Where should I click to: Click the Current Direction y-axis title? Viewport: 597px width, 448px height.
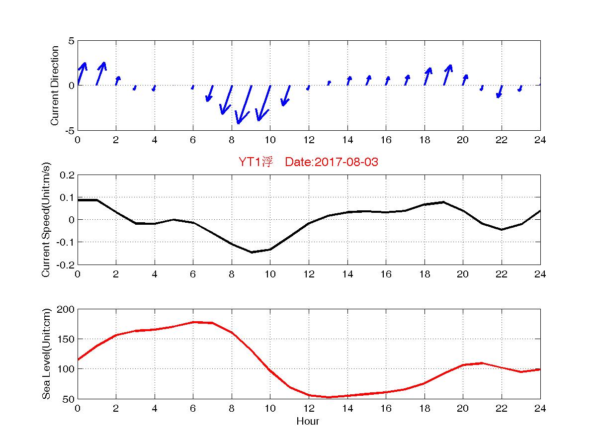coord(55,86)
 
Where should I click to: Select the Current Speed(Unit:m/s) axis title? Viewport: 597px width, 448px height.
coord(46,220)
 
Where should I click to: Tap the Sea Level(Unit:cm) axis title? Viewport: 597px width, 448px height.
coord(46,354)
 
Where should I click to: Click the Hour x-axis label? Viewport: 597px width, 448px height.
coord(308,422)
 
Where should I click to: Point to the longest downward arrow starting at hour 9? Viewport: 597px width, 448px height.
coord(244,104)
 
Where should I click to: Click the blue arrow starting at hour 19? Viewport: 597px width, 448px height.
coord(447,75)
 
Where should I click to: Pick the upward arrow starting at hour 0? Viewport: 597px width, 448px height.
coord(82,74)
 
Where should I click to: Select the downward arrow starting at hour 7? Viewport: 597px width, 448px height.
coord(210,93)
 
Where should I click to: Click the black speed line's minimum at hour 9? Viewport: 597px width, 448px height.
coord(252,252)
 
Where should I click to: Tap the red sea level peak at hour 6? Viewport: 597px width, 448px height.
coord(193,322)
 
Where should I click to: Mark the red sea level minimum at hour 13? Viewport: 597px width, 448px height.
coord(329,397)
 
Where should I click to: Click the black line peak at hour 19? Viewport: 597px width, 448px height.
coord(444,202)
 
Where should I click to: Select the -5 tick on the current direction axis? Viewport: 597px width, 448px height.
coord(69,130)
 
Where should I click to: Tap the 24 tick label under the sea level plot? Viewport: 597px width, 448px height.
coord(540,409)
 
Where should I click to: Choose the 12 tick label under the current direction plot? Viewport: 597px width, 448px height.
coord(309,140)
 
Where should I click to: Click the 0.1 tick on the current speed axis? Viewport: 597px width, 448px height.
coord(68,197)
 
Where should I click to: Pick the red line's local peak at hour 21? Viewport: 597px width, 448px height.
coord(482,363)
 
